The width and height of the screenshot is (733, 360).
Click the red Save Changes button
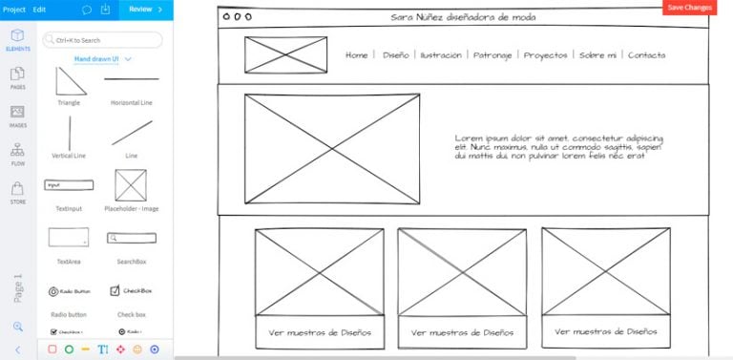pyautogui.click(x=689, y=7)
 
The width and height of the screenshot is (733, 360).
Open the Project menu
pyautogui.click(x=13, y=9)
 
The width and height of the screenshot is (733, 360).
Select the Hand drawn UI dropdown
pyautogui.click(x=102, y=59)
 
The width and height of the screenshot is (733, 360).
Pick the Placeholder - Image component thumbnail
pyautogui.click(x=131, y=185)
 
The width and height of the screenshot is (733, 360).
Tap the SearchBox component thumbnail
pyautogui.click(x=131, y=238)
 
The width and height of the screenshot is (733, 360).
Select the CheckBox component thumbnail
pyautogui.click(x=131, y=290)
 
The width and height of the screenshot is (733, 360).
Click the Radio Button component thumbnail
pyautogui.click(x=69, y=290)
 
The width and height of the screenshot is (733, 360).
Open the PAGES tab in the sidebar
pyautogui.click(x=17, y=77)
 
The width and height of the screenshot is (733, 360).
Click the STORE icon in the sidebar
pyautogui.click(x=17, y=192)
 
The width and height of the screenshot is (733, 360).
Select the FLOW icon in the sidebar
pyautogui.click(x=17, y=153)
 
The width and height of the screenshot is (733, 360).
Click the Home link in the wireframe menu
pyautogui.click(x=356, y=55)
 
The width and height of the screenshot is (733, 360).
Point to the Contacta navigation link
pyautogui.click(x=646, y=55)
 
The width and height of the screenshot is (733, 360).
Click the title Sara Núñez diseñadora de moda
pyautogui.click(x=463, y=17)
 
